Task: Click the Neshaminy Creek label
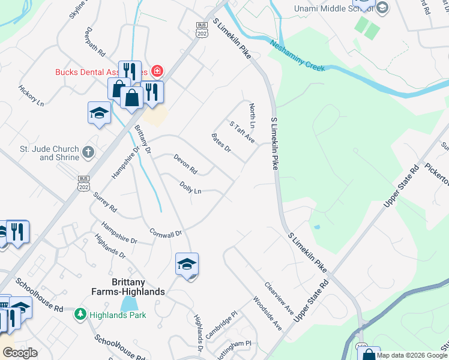[x=297, y=56]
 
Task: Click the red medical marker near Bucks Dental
[x=157, y=71]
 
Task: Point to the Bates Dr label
[x=221, y=143]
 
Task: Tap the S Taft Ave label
[x=243, y=132]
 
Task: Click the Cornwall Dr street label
[x=165, y=233]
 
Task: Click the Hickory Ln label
[x=31, y=95]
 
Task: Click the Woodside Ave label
[x=267, y=313]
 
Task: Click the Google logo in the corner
[x=20, y=353]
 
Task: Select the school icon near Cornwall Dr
[x=187, y=263]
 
